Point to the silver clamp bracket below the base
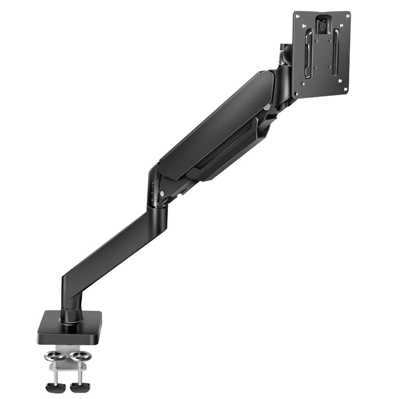click(x=65, y=369)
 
